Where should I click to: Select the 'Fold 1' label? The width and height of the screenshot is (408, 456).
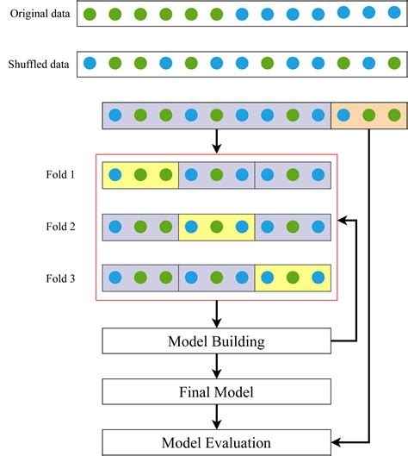click(60, 175)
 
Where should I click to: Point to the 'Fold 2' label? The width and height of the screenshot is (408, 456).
click(60, 227)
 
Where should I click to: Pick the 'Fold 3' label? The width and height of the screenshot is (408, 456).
click(60, 278)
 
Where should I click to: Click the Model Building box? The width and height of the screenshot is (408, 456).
click(216, 341)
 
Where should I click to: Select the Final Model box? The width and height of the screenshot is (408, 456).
click(216, 392)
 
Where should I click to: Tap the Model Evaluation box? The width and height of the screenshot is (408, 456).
click(216, 442)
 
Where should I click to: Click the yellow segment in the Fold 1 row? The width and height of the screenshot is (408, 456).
click(140, 175)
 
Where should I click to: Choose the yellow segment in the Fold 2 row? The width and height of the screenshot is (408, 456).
click(216, 227)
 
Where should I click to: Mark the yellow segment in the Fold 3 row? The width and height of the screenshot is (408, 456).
click(293, 278)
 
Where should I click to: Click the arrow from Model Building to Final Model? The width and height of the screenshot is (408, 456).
click(216, 365)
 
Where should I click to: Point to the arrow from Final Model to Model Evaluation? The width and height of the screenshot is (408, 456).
click(216, 416)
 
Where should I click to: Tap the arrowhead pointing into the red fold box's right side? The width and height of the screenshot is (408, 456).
click(343, 221)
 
